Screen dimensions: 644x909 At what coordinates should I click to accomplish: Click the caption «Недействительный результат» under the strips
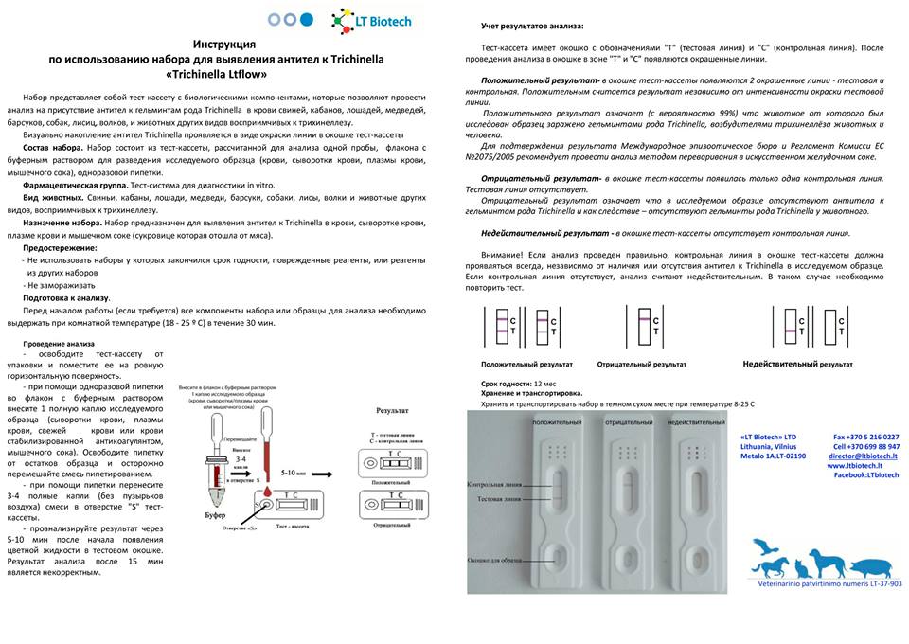coord(797,364)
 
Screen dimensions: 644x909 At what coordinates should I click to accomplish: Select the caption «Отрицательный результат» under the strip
coord(642,364)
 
